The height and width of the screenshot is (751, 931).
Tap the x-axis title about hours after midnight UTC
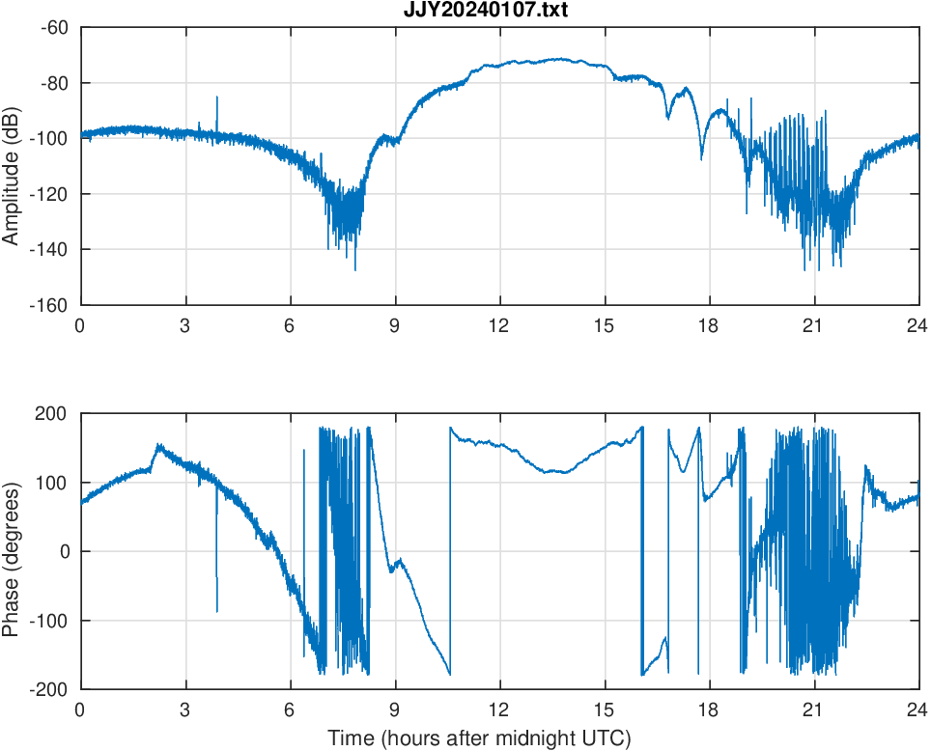click(479, 738)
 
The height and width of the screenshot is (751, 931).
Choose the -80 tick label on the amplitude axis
click(53, 83)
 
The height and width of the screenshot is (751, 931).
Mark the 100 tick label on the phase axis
click(58, 483)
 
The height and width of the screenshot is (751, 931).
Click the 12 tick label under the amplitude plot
click(499, 325)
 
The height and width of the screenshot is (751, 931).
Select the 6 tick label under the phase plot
click(290, 709)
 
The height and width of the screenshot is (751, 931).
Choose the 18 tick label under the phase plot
click(709, 709)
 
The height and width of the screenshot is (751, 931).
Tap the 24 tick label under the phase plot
click(917, 709)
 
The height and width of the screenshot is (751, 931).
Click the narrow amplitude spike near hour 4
click(217, 99)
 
